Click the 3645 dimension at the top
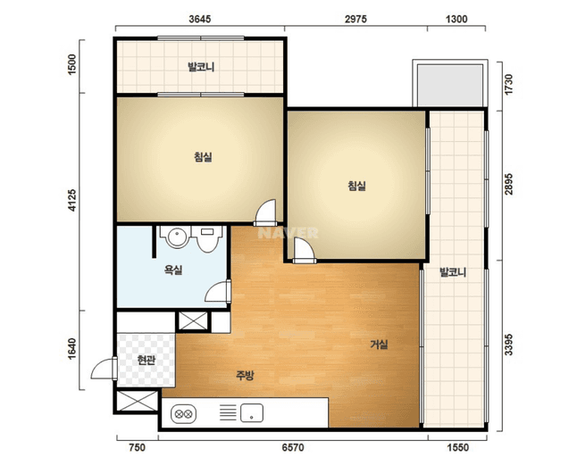199,19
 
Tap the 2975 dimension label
356,19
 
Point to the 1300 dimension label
456,19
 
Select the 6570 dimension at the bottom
293,447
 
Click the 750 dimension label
138,447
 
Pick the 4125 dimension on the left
72,200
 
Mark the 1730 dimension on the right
509,85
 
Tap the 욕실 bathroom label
173,270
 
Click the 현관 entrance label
146,361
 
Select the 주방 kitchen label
245,375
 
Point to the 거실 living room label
379,345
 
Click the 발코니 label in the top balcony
201,67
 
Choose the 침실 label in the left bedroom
203,157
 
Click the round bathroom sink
177,237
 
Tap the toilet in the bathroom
207,238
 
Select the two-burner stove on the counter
184,414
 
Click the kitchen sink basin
252,412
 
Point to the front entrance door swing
104,369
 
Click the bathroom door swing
218,292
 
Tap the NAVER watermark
288,233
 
